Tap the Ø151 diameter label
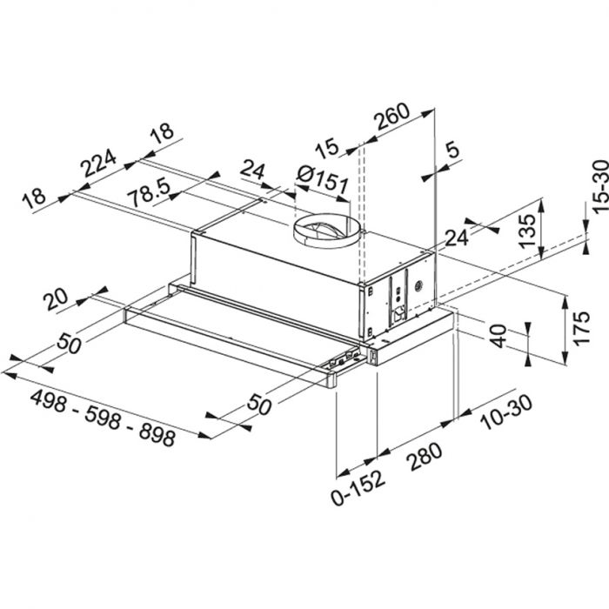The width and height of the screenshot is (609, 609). (323, 182)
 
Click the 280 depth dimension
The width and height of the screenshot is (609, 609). (423, 460)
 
